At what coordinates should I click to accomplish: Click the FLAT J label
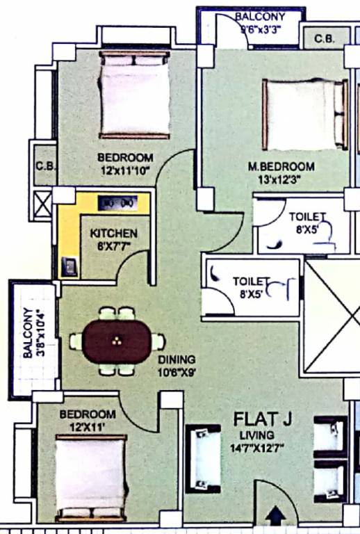(x=259, y=419)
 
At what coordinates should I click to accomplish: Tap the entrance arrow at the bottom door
(x=277, y=516)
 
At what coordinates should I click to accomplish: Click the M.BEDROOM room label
(x=281, y=167)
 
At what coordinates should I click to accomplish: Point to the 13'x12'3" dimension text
(x=281, y=179)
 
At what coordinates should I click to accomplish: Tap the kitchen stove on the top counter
(x=116, y=202)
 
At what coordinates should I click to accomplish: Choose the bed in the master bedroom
(x=304, y=115)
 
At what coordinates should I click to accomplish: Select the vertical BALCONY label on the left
(x=27, y=333)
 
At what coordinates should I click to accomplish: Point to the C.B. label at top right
(x=324, y=39)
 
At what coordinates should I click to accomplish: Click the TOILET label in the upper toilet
(x=306, y=217)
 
